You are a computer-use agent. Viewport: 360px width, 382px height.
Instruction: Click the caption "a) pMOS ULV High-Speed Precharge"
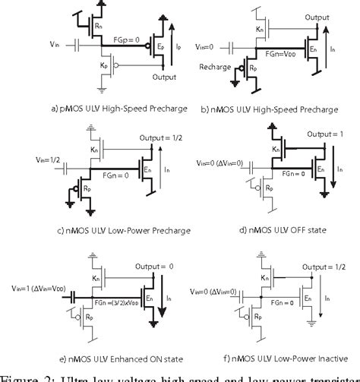point(96,109)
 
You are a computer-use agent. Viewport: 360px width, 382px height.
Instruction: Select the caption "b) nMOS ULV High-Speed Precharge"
point(271,109)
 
